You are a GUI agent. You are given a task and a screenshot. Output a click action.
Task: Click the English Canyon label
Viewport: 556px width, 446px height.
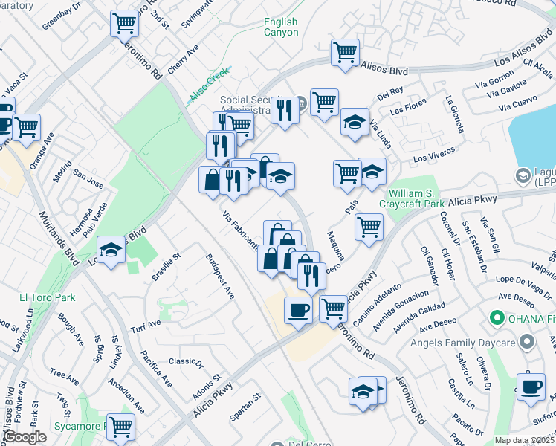pos(281,28)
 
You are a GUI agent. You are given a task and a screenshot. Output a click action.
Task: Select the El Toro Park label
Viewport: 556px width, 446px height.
pos(47,297)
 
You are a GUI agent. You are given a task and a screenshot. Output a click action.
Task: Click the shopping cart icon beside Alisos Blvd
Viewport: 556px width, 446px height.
pos(345,53)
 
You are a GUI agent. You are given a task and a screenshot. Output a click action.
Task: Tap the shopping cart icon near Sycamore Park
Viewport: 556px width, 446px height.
pos(120,427)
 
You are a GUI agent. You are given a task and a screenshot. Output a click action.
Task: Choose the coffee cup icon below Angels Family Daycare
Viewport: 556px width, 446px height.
pos(531,387)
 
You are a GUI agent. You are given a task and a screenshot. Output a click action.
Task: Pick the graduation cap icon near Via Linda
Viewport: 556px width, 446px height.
pos(355,123)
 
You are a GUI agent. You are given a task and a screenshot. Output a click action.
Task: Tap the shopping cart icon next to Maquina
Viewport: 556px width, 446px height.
pos(369,227)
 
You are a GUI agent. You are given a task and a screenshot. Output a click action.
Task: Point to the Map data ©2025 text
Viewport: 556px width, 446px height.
pos(524,440)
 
